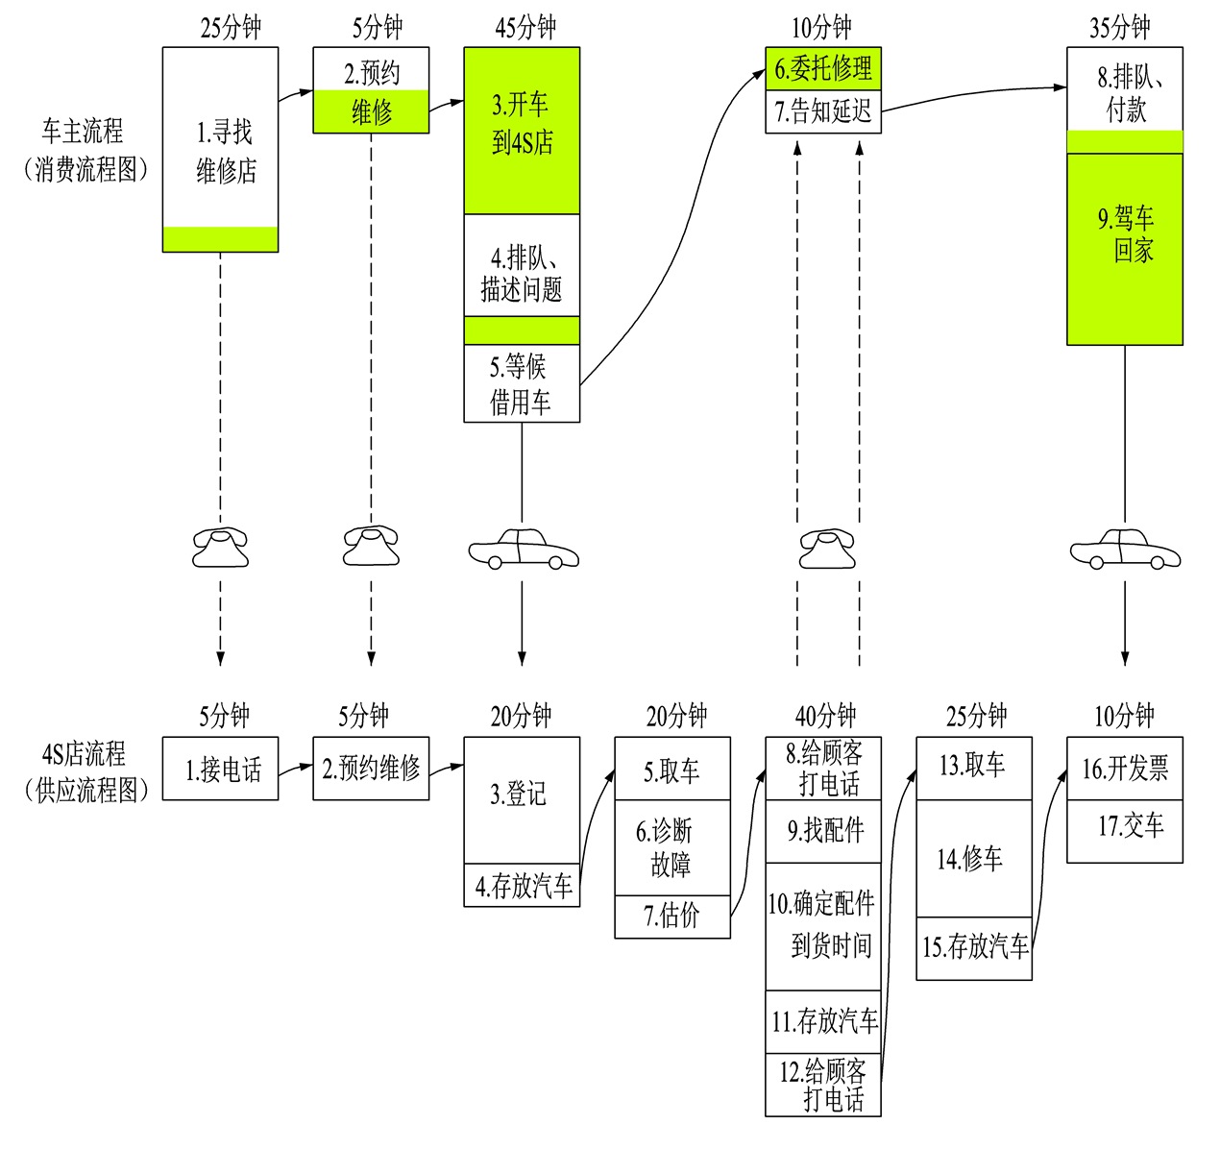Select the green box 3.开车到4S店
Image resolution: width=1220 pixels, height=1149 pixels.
(522, 130)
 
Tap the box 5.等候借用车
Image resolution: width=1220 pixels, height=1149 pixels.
(522, 383)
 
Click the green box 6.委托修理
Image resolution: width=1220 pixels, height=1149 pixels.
(823, 69)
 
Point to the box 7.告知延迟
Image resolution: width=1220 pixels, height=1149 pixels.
(823, 112)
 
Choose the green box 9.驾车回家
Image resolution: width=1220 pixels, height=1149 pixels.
(1125, 248)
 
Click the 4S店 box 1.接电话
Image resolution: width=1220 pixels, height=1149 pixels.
(220, 769)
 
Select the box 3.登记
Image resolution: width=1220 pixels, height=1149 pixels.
(522, 799)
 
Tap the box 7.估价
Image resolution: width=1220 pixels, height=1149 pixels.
(672, 917)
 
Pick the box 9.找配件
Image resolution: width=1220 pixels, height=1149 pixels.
(823, 831)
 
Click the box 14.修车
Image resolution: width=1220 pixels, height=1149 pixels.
(973, 859)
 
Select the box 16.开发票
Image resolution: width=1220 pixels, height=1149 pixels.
(1125, 769)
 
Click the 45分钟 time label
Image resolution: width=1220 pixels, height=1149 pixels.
(525, 27)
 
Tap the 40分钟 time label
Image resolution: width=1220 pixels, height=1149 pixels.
(825, 716)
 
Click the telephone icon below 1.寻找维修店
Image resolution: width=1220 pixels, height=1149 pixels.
(220, 548)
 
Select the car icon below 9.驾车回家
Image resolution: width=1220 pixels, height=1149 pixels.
(1125, 550)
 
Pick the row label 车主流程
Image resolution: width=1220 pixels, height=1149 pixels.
(84, 132)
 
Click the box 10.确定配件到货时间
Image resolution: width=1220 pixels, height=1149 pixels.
(823, 926)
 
